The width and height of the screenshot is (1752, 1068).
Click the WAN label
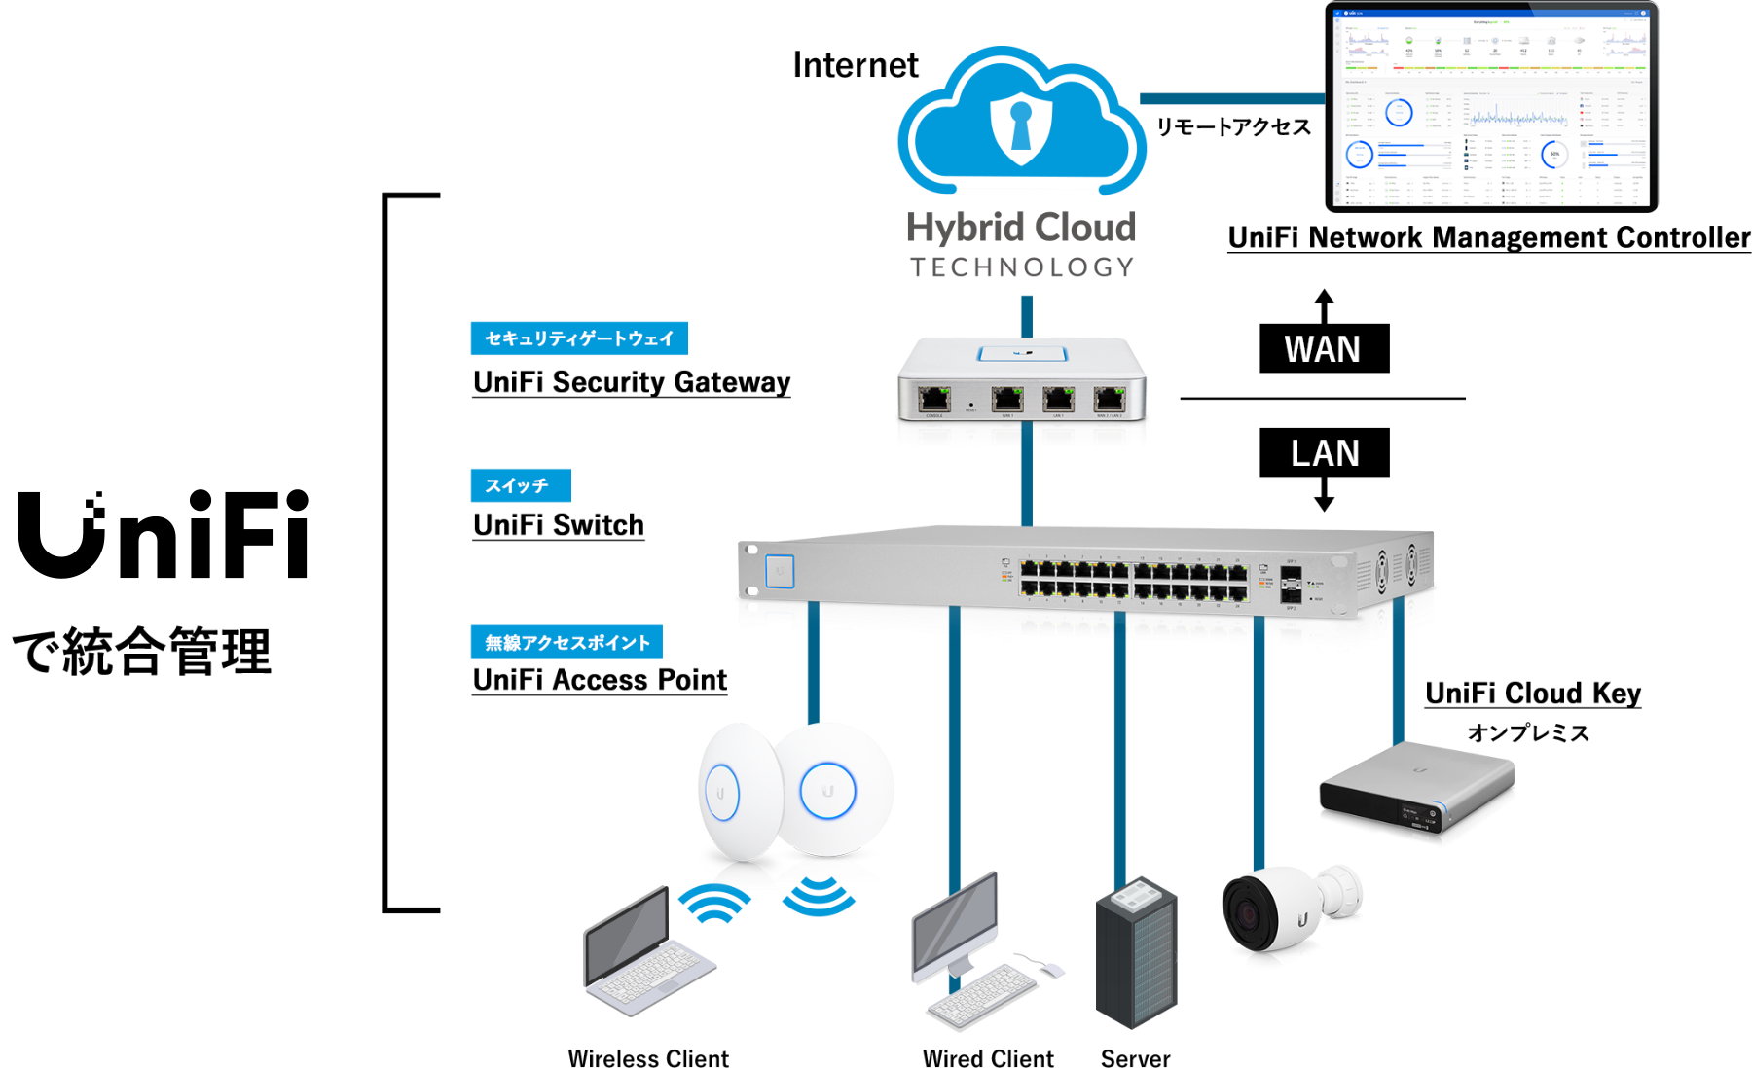(1322, 349)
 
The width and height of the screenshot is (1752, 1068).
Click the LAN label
(1325, 453)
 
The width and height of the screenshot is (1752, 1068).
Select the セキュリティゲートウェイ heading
(579, 338)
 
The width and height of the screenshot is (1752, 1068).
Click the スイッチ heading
(517, 485)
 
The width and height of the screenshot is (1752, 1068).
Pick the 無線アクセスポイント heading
(567, 643)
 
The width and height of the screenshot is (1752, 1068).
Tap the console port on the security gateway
(934, 398)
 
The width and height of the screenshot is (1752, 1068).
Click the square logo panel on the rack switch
(780, 571)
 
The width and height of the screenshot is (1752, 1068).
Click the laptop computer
(647, 953)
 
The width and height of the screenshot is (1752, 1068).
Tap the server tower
(1135, 963)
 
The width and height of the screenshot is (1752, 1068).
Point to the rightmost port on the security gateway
(1109, 398)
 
